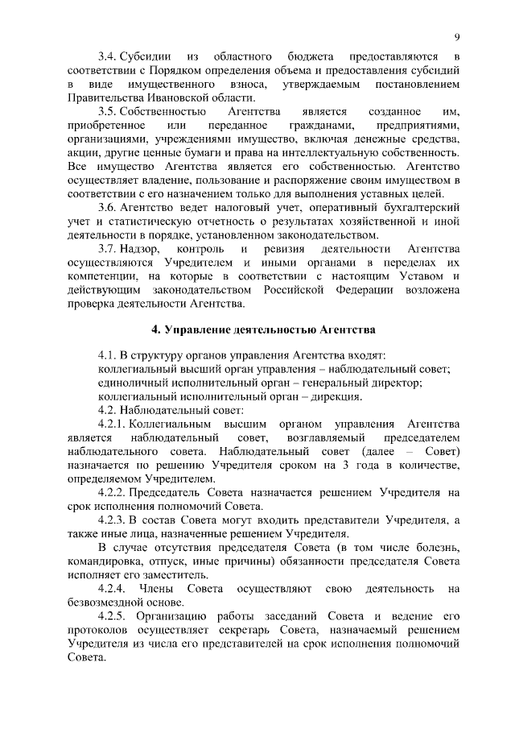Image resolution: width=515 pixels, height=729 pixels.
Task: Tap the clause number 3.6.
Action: click(107, 207)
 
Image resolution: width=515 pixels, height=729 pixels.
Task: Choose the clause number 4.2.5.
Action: click(112, 615)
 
